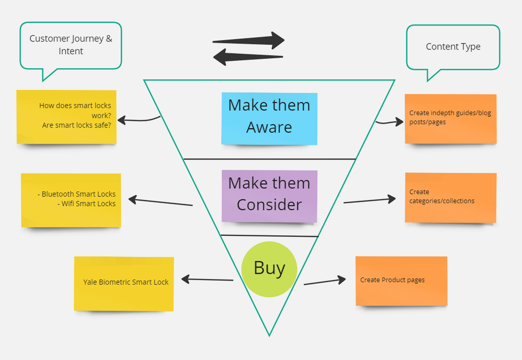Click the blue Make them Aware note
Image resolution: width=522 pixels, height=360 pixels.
click(269, 119)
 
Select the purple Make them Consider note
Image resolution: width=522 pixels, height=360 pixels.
click(269, 196)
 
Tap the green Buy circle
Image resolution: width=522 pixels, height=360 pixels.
click(269, 269)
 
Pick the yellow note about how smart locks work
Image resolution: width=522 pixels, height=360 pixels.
click(67, 117)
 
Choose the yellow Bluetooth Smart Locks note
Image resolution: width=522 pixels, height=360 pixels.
click(71, 200)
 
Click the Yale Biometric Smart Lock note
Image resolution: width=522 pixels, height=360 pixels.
click(124, 284)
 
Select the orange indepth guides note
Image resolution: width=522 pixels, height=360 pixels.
click(451, 119)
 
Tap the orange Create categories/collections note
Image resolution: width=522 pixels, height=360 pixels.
click(451, 197)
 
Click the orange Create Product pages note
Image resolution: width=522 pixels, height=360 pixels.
click(402, 281)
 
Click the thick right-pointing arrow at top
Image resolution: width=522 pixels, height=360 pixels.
click(249, 41)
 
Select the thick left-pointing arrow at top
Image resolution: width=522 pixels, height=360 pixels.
click(248, 57)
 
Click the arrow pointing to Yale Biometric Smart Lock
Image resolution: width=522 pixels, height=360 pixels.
click(207, 279)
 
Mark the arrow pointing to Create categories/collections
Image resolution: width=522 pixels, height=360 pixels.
click(370, 200)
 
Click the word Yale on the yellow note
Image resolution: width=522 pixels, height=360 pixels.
click(90, 282)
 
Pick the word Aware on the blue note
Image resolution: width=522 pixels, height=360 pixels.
click(269, 127)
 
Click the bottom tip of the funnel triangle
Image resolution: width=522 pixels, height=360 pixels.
click(269, 336)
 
